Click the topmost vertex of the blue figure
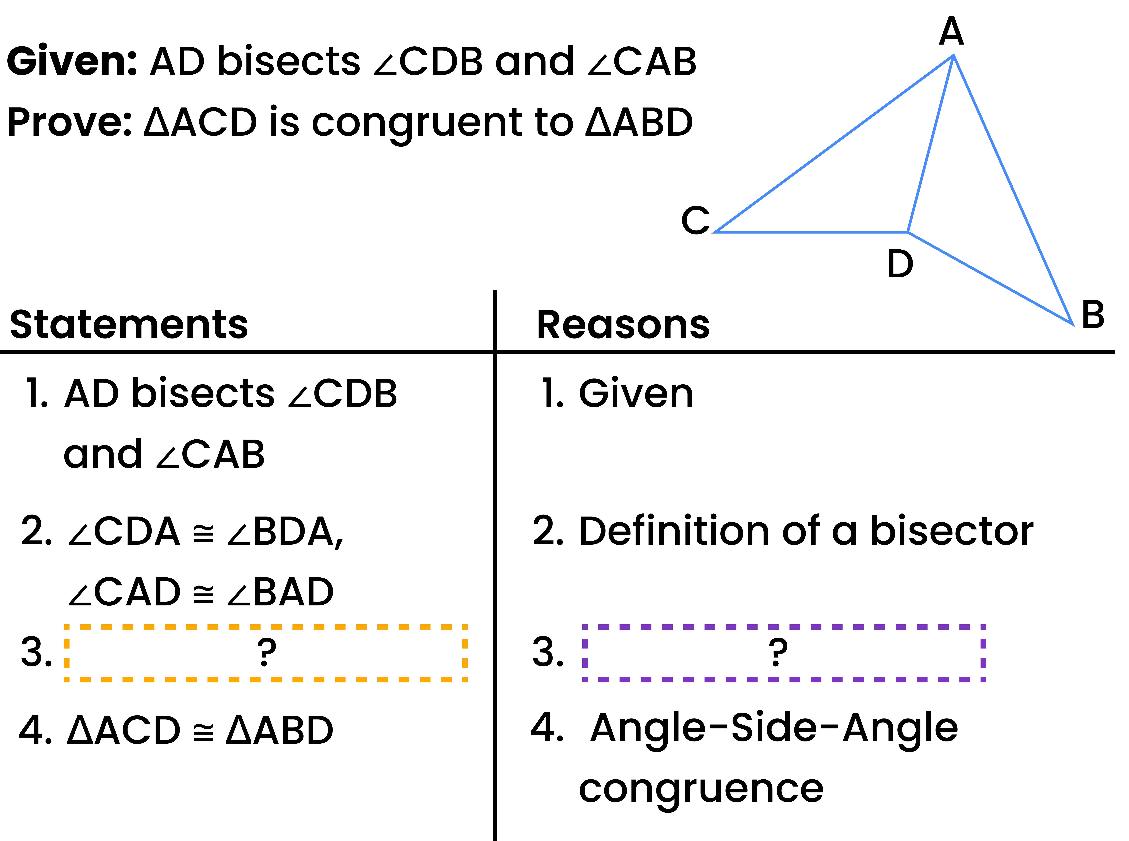[953, 56]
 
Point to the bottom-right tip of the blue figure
[1072, 324]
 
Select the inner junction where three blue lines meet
[908, 232]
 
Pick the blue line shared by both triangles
[930, 144]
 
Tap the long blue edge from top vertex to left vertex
[835, 144]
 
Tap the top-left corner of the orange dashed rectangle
[67, 627]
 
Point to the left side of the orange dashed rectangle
[67, 653]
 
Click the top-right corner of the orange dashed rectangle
[465, 627]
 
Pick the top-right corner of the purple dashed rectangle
[983, 627]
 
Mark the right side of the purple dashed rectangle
[983, 653]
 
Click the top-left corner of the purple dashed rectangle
[585, 627]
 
